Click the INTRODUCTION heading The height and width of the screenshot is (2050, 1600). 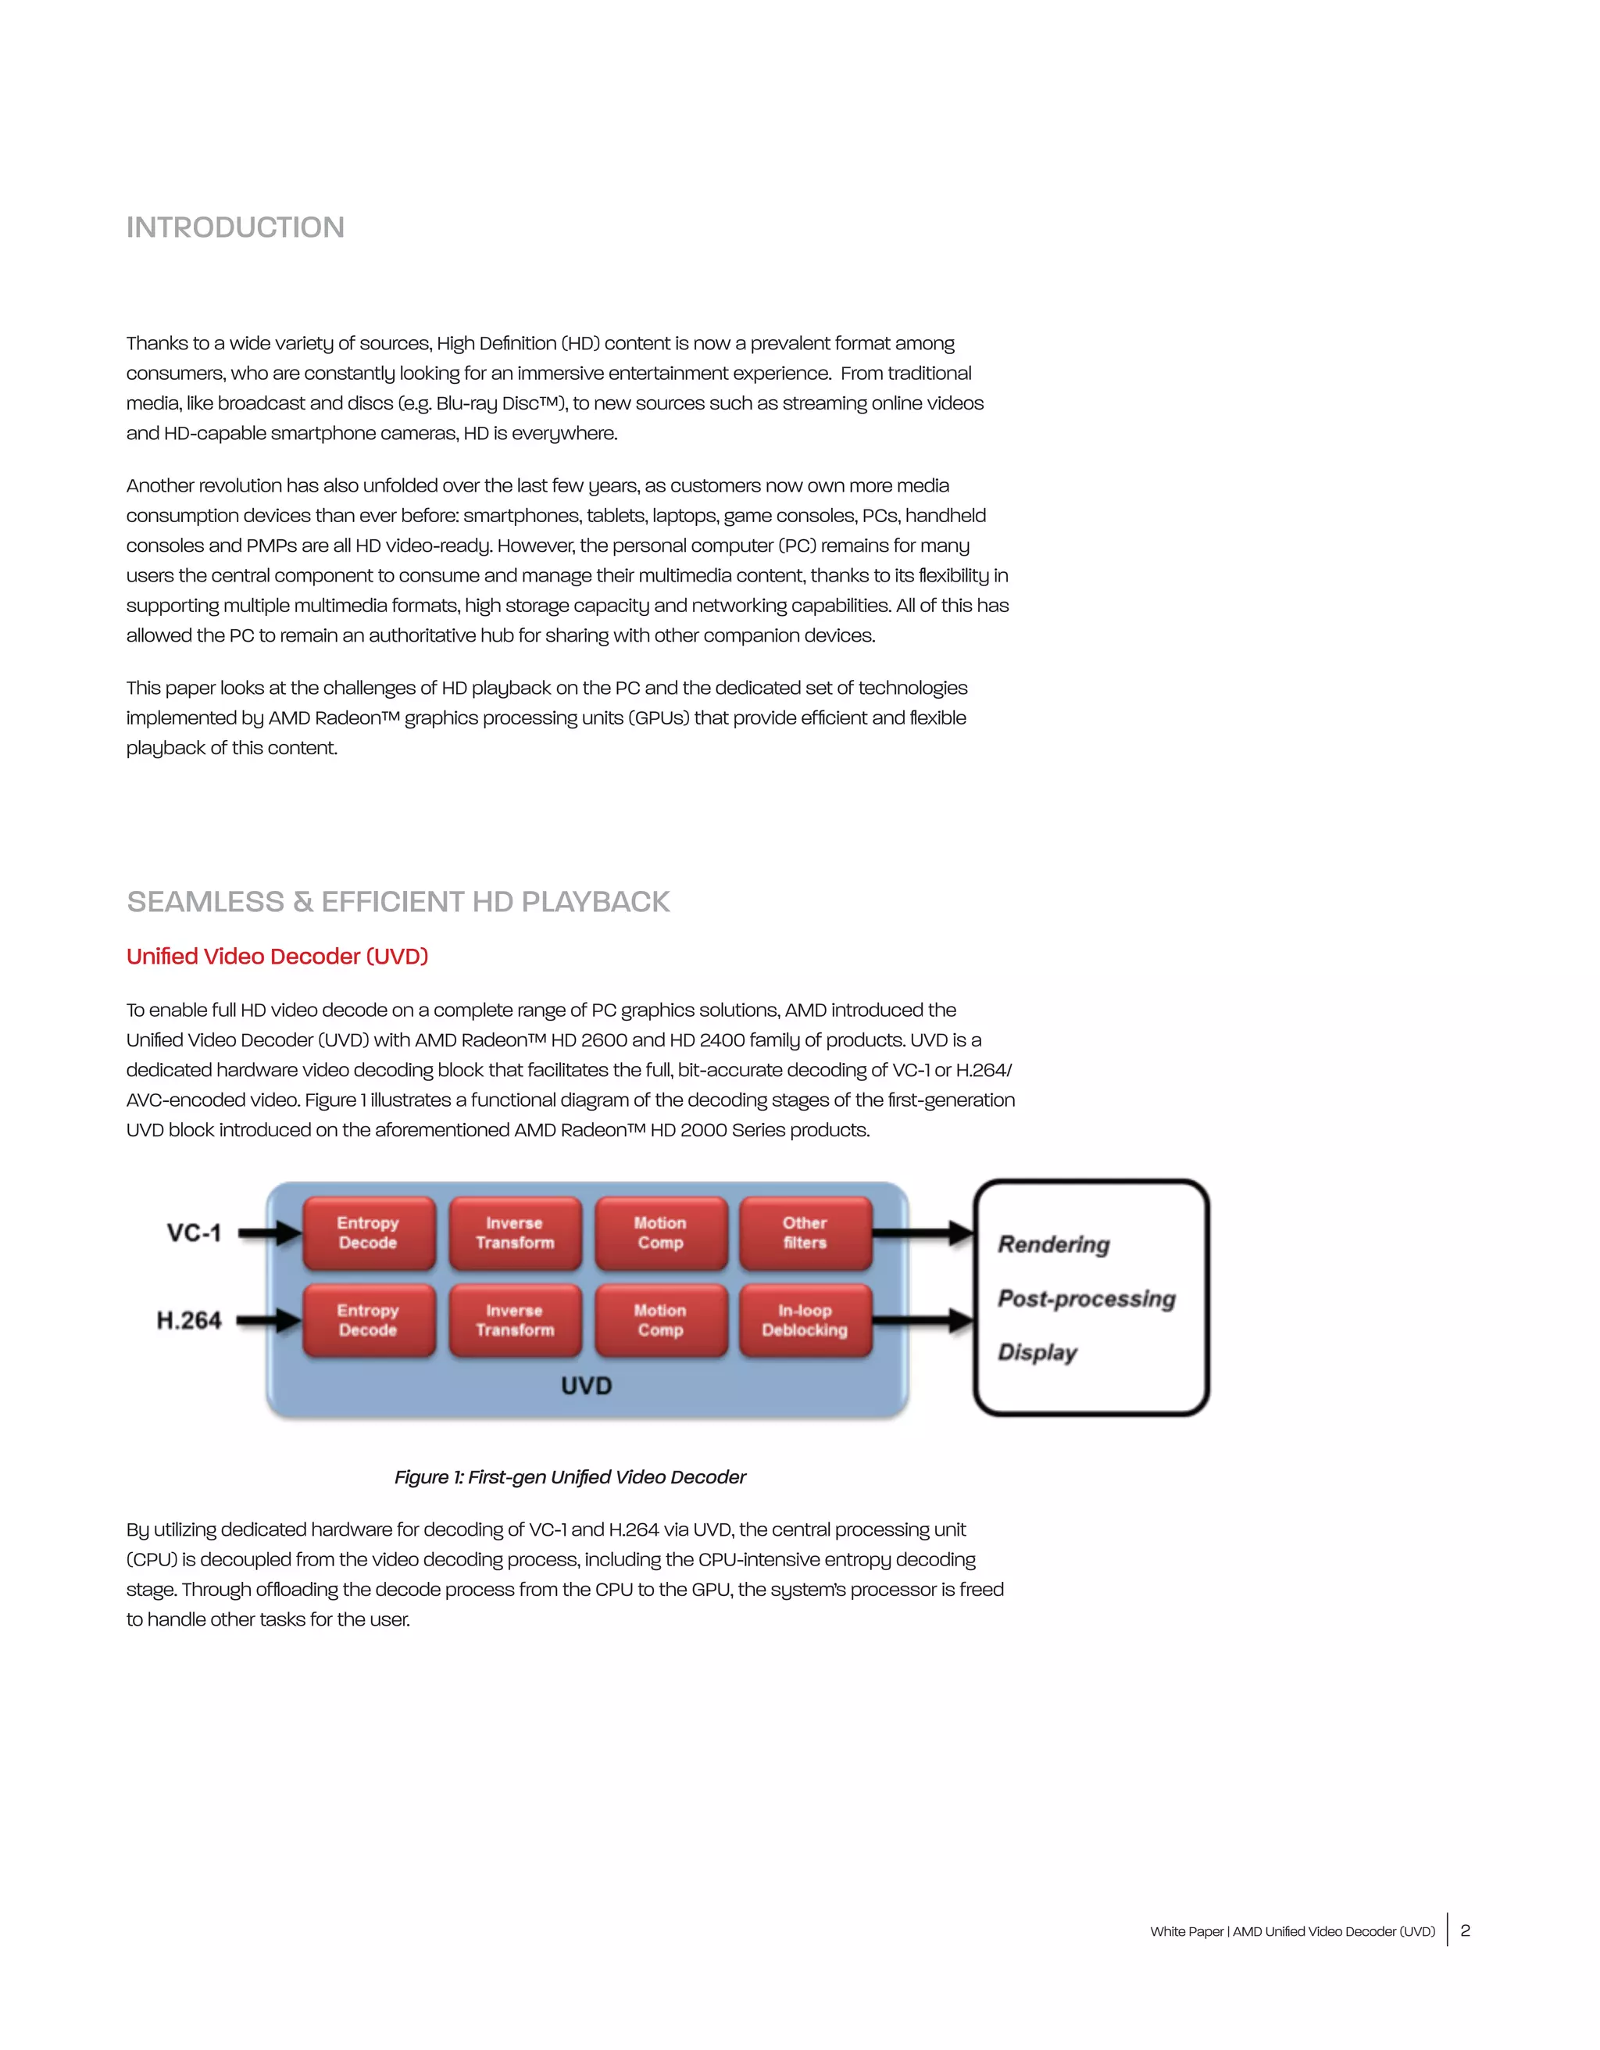point(235,227)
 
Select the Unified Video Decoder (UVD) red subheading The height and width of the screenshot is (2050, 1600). point(277,957)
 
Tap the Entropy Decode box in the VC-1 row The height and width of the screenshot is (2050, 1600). point(369,1233)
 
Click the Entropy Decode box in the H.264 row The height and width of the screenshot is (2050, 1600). point(369,1320)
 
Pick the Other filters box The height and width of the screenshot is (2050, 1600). point(805,1233)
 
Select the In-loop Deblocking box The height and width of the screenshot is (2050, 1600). point(805,1320)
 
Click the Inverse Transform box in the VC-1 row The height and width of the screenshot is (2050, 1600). point(515,1233)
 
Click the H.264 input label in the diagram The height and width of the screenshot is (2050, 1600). point(188,1321)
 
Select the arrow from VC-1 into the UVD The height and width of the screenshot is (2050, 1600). point(270,1233)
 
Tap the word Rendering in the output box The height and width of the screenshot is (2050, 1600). point(1054,1245)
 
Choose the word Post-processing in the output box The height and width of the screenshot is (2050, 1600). point(1087,1299)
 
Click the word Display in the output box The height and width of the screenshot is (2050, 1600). point(1037,1353)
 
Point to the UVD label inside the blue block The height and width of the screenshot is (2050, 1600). point(587,1386)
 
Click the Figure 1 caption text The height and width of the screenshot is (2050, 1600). point(570,1477)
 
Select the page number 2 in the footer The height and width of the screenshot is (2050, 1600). point(1465,1930)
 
